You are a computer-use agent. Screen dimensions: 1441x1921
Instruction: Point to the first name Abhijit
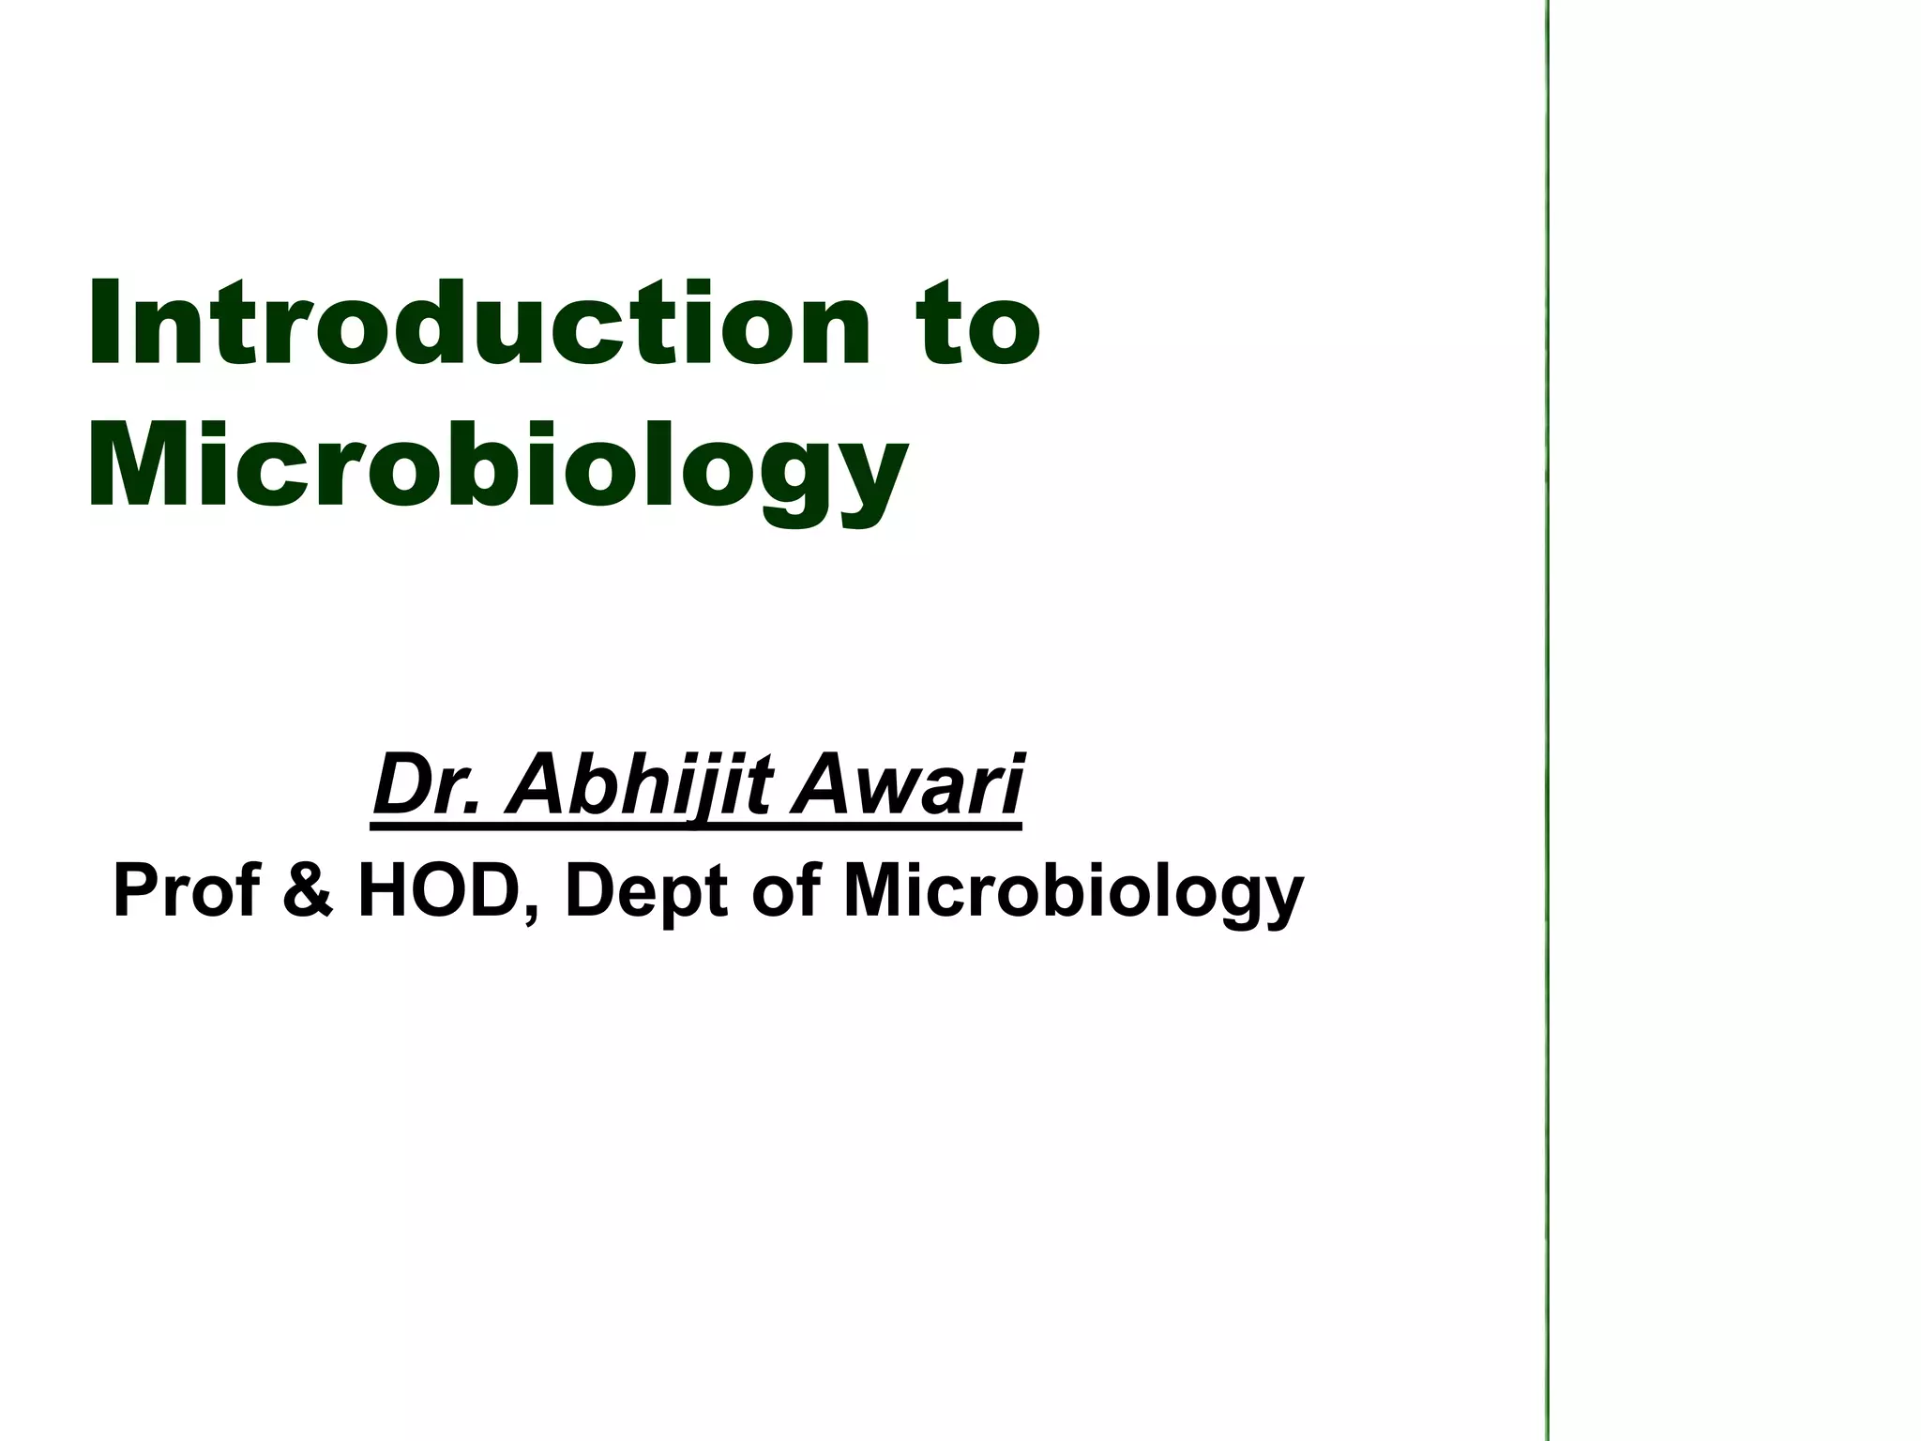(x=637, y=788)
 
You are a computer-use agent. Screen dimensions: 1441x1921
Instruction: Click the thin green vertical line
(x=1546, y=720)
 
